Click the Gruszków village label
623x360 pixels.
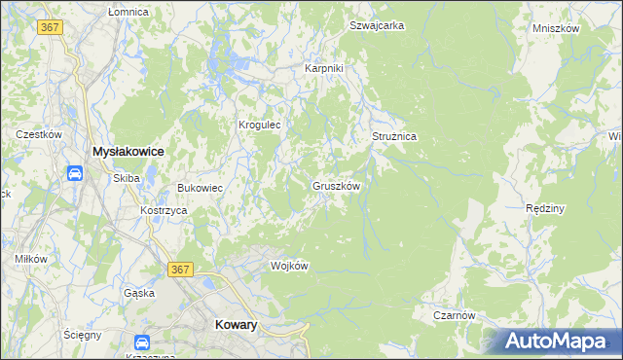(337, 186)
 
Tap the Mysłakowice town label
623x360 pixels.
(127, 152)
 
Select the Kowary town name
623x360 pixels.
(235, 326)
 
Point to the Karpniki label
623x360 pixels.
(324, 69)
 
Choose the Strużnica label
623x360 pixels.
(394, 137)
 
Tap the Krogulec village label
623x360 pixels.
(260, 126)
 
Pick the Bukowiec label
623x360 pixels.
(200, 188)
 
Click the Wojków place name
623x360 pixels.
(289, 266)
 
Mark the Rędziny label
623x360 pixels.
(545, 209)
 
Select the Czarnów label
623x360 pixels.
(454, 315)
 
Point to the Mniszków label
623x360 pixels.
(556, 28)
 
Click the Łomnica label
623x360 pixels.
(128, 12)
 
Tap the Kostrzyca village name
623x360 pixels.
(163, 211)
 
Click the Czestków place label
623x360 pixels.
(39, 134)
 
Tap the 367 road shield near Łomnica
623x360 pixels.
(51, 27)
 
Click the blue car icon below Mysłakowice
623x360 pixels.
(75, 173)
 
